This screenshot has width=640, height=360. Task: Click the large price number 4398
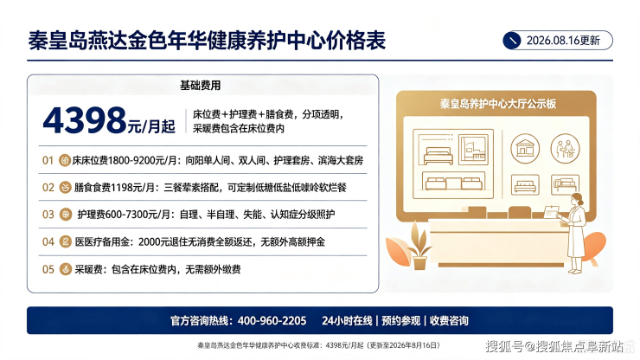85,120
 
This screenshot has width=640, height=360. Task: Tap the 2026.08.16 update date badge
558,41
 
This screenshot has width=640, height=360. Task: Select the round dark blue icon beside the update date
512,41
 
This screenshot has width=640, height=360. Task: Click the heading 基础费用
200,86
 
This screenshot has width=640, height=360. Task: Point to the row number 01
48,161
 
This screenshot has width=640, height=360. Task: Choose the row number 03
48,215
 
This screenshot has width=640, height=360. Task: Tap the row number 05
48,270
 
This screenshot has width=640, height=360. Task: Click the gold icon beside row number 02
65,188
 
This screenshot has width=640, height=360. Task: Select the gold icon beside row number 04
66,242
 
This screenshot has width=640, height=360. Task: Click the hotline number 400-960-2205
272,321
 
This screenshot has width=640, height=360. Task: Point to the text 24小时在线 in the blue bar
347,321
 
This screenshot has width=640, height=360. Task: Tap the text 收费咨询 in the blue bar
449,321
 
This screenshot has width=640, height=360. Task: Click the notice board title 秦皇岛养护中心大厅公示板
497,104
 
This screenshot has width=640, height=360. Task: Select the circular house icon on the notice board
525,148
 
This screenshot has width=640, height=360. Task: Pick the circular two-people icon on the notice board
565,148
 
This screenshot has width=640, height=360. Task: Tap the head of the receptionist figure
577,200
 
